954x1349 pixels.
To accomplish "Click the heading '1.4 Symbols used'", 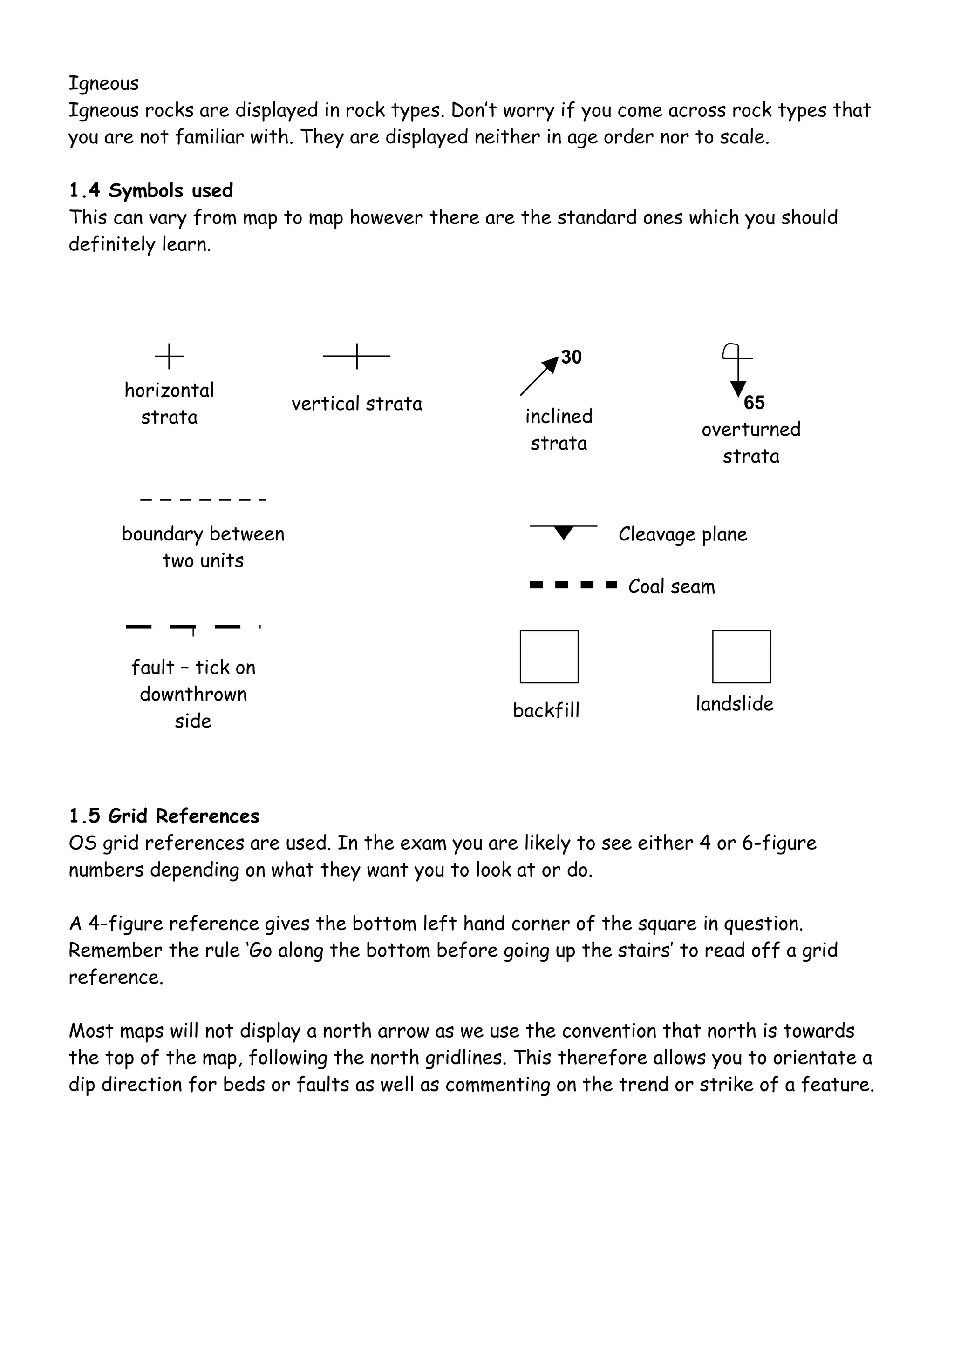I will (x=151, y=190).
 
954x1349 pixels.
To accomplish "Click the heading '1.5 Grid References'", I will (x=164, y=816).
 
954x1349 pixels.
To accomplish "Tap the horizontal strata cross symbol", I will (x=169, y=356).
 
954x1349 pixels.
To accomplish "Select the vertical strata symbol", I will (x=357, y=356).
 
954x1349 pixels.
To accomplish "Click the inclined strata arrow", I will (x=539, y=376).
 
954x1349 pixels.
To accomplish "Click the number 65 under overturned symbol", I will (x=754, y=403).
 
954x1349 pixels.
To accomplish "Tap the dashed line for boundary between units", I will (x=203, y=500).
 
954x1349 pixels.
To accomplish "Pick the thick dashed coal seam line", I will (x=573, y=585).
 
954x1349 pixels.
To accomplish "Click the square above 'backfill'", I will (x=549, y=657).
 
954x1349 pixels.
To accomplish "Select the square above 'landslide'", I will (x=741, y=657).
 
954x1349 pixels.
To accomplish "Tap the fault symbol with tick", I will (x=192, y=628).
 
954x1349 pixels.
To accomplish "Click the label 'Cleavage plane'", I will (x=682, y=535).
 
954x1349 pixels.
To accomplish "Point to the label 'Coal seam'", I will (x=671, y=587).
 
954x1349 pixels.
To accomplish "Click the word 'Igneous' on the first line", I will (x=104, y=83).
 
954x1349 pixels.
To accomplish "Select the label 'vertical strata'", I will (x=357, y=404).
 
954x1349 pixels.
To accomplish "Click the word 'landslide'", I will (x=734, y=704).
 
